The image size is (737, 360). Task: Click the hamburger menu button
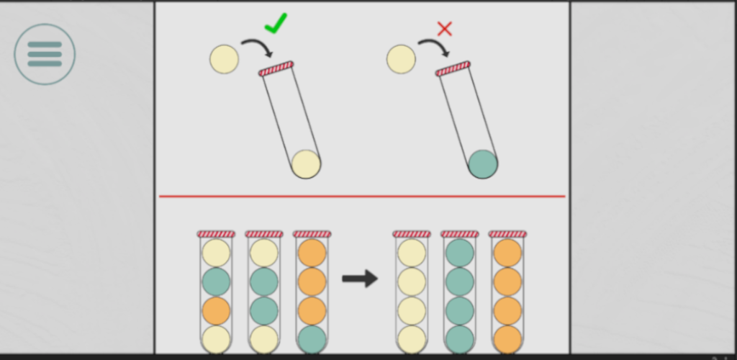[45, 54]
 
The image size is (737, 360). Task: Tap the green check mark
[275, 24]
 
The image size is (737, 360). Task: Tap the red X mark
[445, 29]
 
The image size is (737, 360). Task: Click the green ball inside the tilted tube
[483, 164]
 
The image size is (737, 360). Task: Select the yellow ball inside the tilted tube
[306, 164]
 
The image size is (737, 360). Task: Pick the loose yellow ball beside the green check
[224, 59]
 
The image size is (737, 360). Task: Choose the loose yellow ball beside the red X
[401, 59]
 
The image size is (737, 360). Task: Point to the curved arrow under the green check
[257, 48]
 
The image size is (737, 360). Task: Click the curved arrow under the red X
[434, 48]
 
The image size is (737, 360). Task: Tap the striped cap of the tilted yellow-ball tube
[276, 68]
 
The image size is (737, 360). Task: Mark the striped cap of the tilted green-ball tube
[453, 68]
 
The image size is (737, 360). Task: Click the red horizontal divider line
[362, 196]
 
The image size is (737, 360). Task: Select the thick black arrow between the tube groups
[360, 279]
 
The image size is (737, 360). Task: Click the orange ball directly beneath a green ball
[216, 310]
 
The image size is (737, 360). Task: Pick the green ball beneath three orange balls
[312, 339]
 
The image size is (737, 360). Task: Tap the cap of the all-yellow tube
[412, 234]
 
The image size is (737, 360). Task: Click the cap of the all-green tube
[459, 234]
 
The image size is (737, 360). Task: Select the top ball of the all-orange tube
[507, 253]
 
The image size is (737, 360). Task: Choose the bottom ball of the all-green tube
[459, 339]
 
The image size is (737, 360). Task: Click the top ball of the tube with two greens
[264, 253]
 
